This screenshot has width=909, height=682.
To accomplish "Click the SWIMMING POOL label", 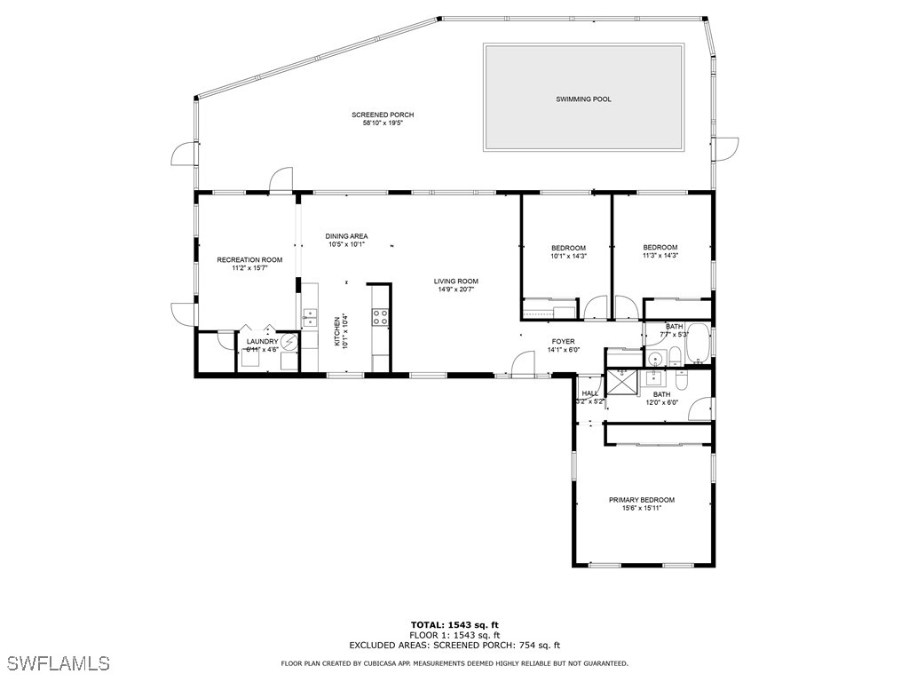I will (583, 99).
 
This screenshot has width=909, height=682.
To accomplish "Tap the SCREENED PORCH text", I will (383, 115).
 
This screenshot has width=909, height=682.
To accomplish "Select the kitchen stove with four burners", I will (380, 315).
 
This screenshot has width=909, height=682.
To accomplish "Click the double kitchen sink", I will (310, 317).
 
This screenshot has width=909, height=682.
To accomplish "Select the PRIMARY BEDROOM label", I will (641, 500).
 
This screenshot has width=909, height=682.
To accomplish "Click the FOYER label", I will (563, 341).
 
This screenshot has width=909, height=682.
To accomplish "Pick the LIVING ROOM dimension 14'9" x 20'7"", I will (456, 289).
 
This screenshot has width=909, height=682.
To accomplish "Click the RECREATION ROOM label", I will (249, 259).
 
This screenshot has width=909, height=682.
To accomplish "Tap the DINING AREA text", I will (346, 236).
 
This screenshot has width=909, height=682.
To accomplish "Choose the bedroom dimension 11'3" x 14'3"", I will (660, 256).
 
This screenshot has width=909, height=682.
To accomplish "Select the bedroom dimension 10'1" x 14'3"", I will (568, 256).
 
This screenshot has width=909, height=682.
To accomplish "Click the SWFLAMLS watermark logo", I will (59, 663).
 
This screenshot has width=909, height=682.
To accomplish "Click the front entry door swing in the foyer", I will (523, 364).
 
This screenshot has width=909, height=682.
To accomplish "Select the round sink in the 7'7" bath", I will (655, 359).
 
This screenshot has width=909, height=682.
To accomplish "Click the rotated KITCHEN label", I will (337, 332).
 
